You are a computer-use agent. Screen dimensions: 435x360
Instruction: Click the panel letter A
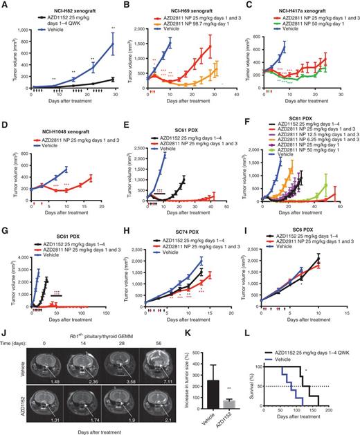point(5,5)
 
